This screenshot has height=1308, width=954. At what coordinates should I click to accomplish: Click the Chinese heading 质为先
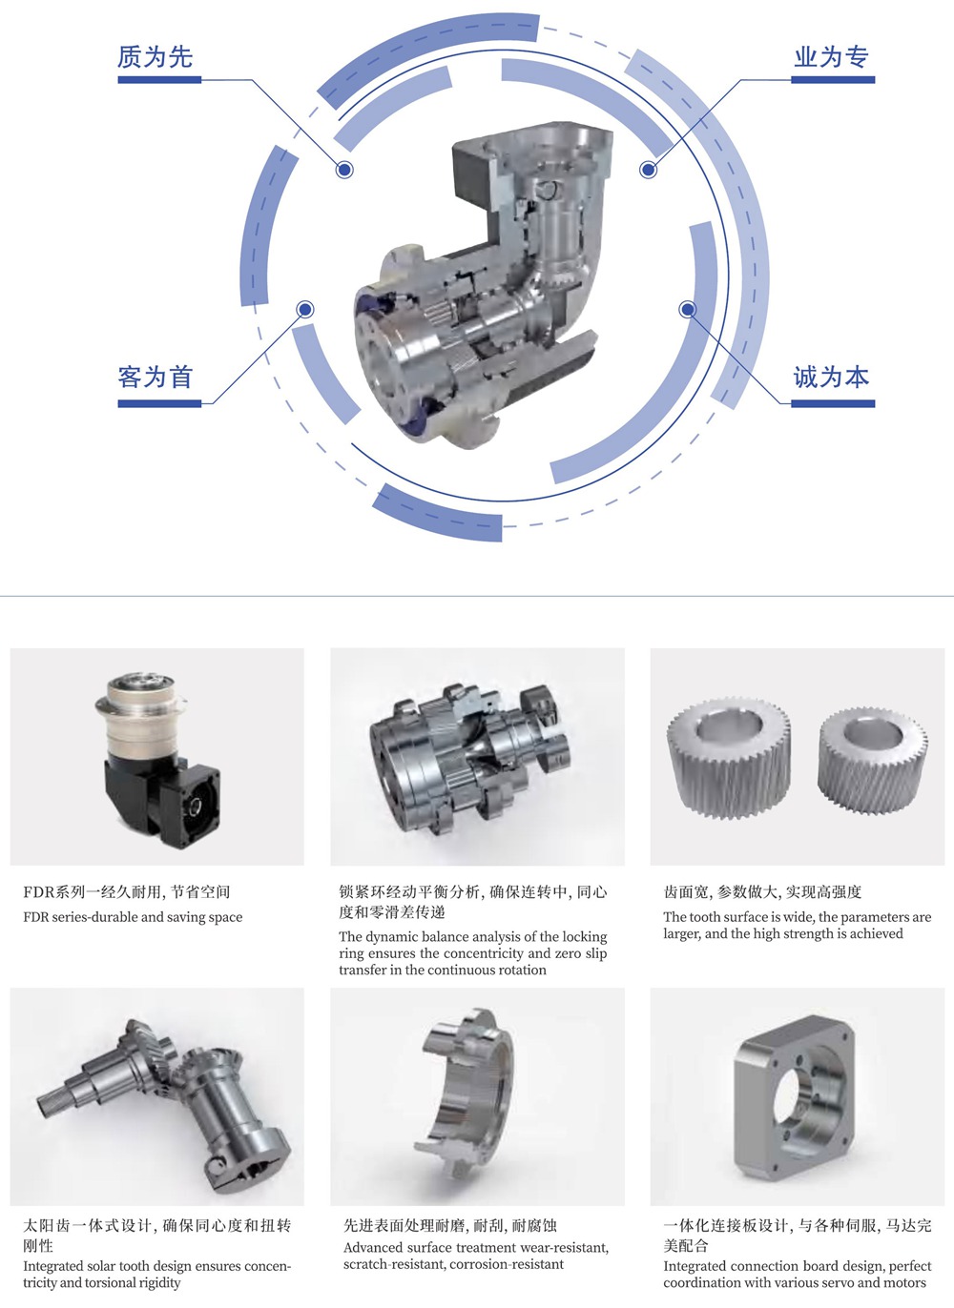point(155,56)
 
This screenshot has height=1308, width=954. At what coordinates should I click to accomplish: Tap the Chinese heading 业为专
point(831,56)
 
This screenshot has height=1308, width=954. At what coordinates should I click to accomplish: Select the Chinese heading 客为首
point(155,377)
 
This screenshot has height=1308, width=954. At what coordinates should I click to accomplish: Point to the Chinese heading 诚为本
point(831,377)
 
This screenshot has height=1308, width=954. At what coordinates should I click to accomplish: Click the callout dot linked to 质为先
point(344,170)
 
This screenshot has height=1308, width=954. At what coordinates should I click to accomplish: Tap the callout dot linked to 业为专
point(648,170)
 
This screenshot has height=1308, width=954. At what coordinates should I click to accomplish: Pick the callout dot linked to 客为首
point(305,309)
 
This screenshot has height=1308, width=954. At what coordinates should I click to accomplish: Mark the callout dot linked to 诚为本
point(688,309)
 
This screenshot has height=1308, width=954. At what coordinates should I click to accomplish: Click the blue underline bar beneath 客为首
point(159,403)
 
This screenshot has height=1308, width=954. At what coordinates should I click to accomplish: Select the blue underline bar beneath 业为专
point(833,80)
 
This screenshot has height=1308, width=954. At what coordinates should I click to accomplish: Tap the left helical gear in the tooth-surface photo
point(729,757)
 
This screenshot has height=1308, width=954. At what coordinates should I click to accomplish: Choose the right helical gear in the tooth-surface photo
point(873,760)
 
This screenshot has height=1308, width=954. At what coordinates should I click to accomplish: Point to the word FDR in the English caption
point(36,917)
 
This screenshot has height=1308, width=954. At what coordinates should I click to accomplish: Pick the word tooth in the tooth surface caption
point(705,917)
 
